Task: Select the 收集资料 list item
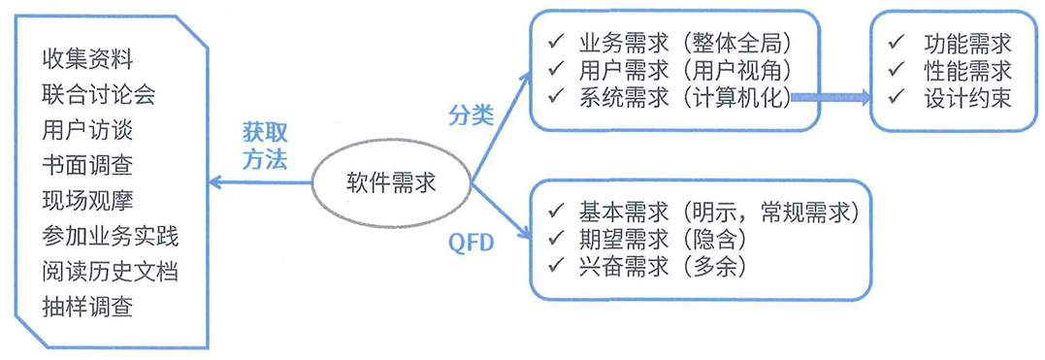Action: pyautogui.click(x=87, y=58)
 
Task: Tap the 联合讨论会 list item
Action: pyautogui.click(x=99, y=94)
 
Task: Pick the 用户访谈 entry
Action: pyautogui.click(x=87, y=129)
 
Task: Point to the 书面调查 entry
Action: pyautogui.click(x=87, y=165)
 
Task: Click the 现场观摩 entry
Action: pyautogui.click(x=87, y=200)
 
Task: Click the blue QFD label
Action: pyautogui.click(x=472, y=243)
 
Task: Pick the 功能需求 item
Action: pyautogui.click(x=966, y=44)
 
